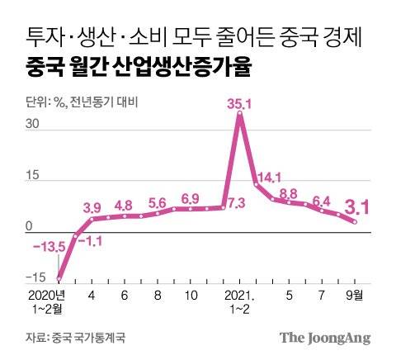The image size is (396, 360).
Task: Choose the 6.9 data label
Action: click(x=190, y=198)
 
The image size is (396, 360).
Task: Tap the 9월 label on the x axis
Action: click(x=353, y=294)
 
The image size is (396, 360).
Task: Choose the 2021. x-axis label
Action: click(x=238, y=294)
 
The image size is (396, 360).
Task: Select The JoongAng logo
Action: click(x=324, y=337)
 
